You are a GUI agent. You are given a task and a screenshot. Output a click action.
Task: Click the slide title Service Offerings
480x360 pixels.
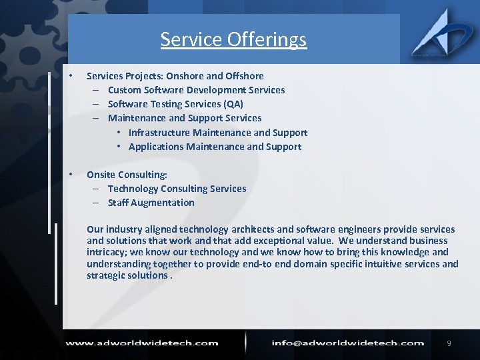[233, 39]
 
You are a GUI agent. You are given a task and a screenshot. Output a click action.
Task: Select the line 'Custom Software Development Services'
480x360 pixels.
[196, 90]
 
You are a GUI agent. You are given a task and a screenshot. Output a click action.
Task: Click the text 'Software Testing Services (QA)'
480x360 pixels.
[175, 104]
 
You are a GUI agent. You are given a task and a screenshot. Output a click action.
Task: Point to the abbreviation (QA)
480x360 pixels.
[233, 104]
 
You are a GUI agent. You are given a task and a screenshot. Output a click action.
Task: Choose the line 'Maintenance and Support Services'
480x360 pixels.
[185, 118]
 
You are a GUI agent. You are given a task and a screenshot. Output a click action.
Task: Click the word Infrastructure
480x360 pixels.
[159, 133]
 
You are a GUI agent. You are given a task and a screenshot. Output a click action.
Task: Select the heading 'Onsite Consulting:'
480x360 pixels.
[127, 175]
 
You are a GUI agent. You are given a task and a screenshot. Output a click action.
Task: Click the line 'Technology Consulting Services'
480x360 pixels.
[177, 189]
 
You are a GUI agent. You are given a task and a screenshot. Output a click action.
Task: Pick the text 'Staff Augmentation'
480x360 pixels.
[151, 203]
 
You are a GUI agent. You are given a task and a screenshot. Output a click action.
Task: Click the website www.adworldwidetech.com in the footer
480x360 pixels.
[141, 343]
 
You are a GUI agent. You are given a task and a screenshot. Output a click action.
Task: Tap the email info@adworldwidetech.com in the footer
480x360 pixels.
[347, 343]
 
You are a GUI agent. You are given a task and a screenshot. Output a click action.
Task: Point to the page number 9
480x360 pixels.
[449, 343]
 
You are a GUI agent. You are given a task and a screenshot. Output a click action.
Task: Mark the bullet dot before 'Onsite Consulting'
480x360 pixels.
[71, 173]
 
